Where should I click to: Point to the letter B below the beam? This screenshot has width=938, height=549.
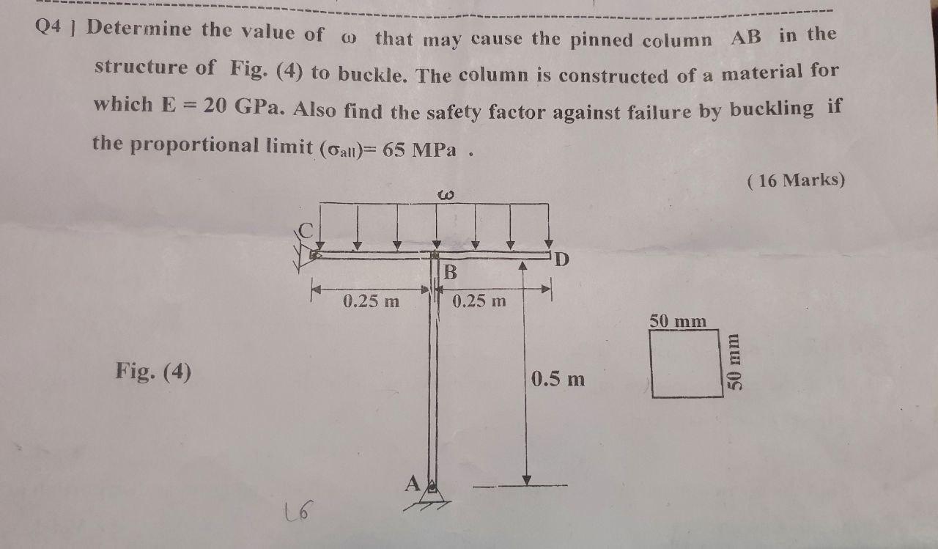coord(451,273)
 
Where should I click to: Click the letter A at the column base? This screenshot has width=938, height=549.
coord(413,483)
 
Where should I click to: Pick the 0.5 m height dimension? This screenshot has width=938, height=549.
coord(558,379)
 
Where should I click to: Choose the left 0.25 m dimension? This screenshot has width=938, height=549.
coord(371,301)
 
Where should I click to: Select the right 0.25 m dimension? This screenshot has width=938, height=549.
coord(479,301)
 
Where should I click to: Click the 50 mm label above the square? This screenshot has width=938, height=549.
coord(678,321)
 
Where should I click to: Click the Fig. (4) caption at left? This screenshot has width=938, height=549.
coord(153,372)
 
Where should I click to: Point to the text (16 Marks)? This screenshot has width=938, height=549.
coord(797,180)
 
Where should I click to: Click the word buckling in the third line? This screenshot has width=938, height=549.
coord(771,109)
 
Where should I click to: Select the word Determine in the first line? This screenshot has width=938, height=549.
coord(139,30)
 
